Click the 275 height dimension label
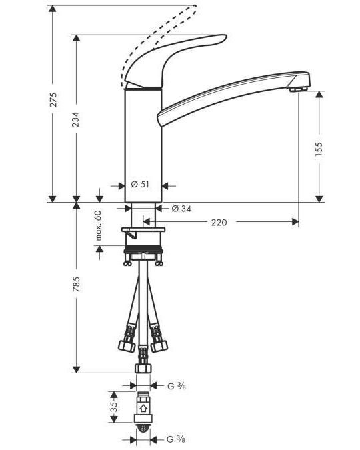pyautogui.click(x=53, y=99)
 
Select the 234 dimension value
pyautogui.click(x=75, y=119)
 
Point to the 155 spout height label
pyautogui.click(x=319, y=149)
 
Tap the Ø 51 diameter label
pyautogui.click(x=140, y=184)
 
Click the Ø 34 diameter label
pyautogui.click(x=181, y=209)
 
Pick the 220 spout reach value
pyautogui.click(x=219, y=222)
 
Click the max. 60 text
pyautogui.click(x=99, y=225)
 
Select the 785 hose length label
pyautogui.click(x=76, y=285)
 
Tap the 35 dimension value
pyautogui.click(x=114, y=407)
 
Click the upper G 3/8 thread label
pyautogui.click(x=177, y=386)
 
